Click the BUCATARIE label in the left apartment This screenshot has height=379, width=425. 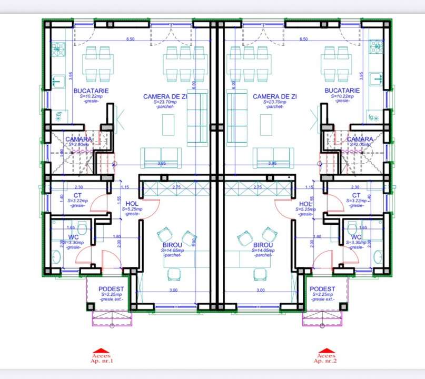pos(87,91)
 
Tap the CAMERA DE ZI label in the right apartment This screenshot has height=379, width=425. pos(274,96)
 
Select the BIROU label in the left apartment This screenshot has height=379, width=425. pos(172,245)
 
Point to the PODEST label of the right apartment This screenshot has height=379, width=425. pos(322,289)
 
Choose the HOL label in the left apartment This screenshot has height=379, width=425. pos(131,204)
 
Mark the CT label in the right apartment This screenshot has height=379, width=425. pos(357,195)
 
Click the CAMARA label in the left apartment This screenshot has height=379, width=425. pos(79,139)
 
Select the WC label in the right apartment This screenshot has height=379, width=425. pos(357,237)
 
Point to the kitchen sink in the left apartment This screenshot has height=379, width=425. pos(57,82)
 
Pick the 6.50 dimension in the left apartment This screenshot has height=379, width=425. pos(130,39)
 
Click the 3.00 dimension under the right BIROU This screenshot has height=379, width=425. pos(260,290)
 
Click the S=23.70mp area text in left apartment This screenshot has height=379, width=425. pos(165,102)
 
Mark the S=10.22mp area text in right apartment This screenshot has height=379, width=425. pos(342,96)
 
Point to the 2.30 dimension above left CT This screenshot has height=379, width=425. pos(79,187)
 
